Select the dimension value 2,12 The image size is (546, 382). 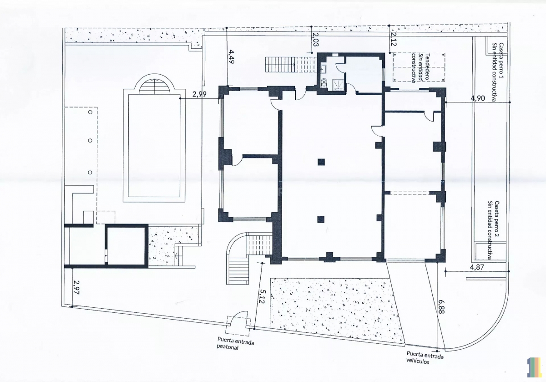tap(394, 39)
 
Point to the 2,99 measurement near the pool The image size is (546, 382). tap(199, 94)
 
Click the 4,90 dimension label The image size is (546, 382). tap(477, 98)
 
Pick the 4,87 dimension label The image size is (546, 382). tap(477, 267)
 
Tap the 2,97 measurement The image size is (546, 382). tap(76, 287)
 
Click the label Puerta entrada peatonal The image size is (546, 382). tap(236, 343)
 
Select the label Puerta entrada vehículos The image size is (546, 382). tap(425, 357)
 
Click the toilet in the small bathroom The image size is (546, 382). tap(324, 82)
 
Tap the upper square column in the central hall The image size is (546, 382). tap(321, 162)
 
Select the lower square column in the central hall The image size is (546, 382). tap(321, 219)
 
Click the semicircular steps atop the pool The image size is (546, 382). tap(154, 87)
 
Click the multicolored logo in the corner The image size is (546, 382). tap(535, 367)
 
